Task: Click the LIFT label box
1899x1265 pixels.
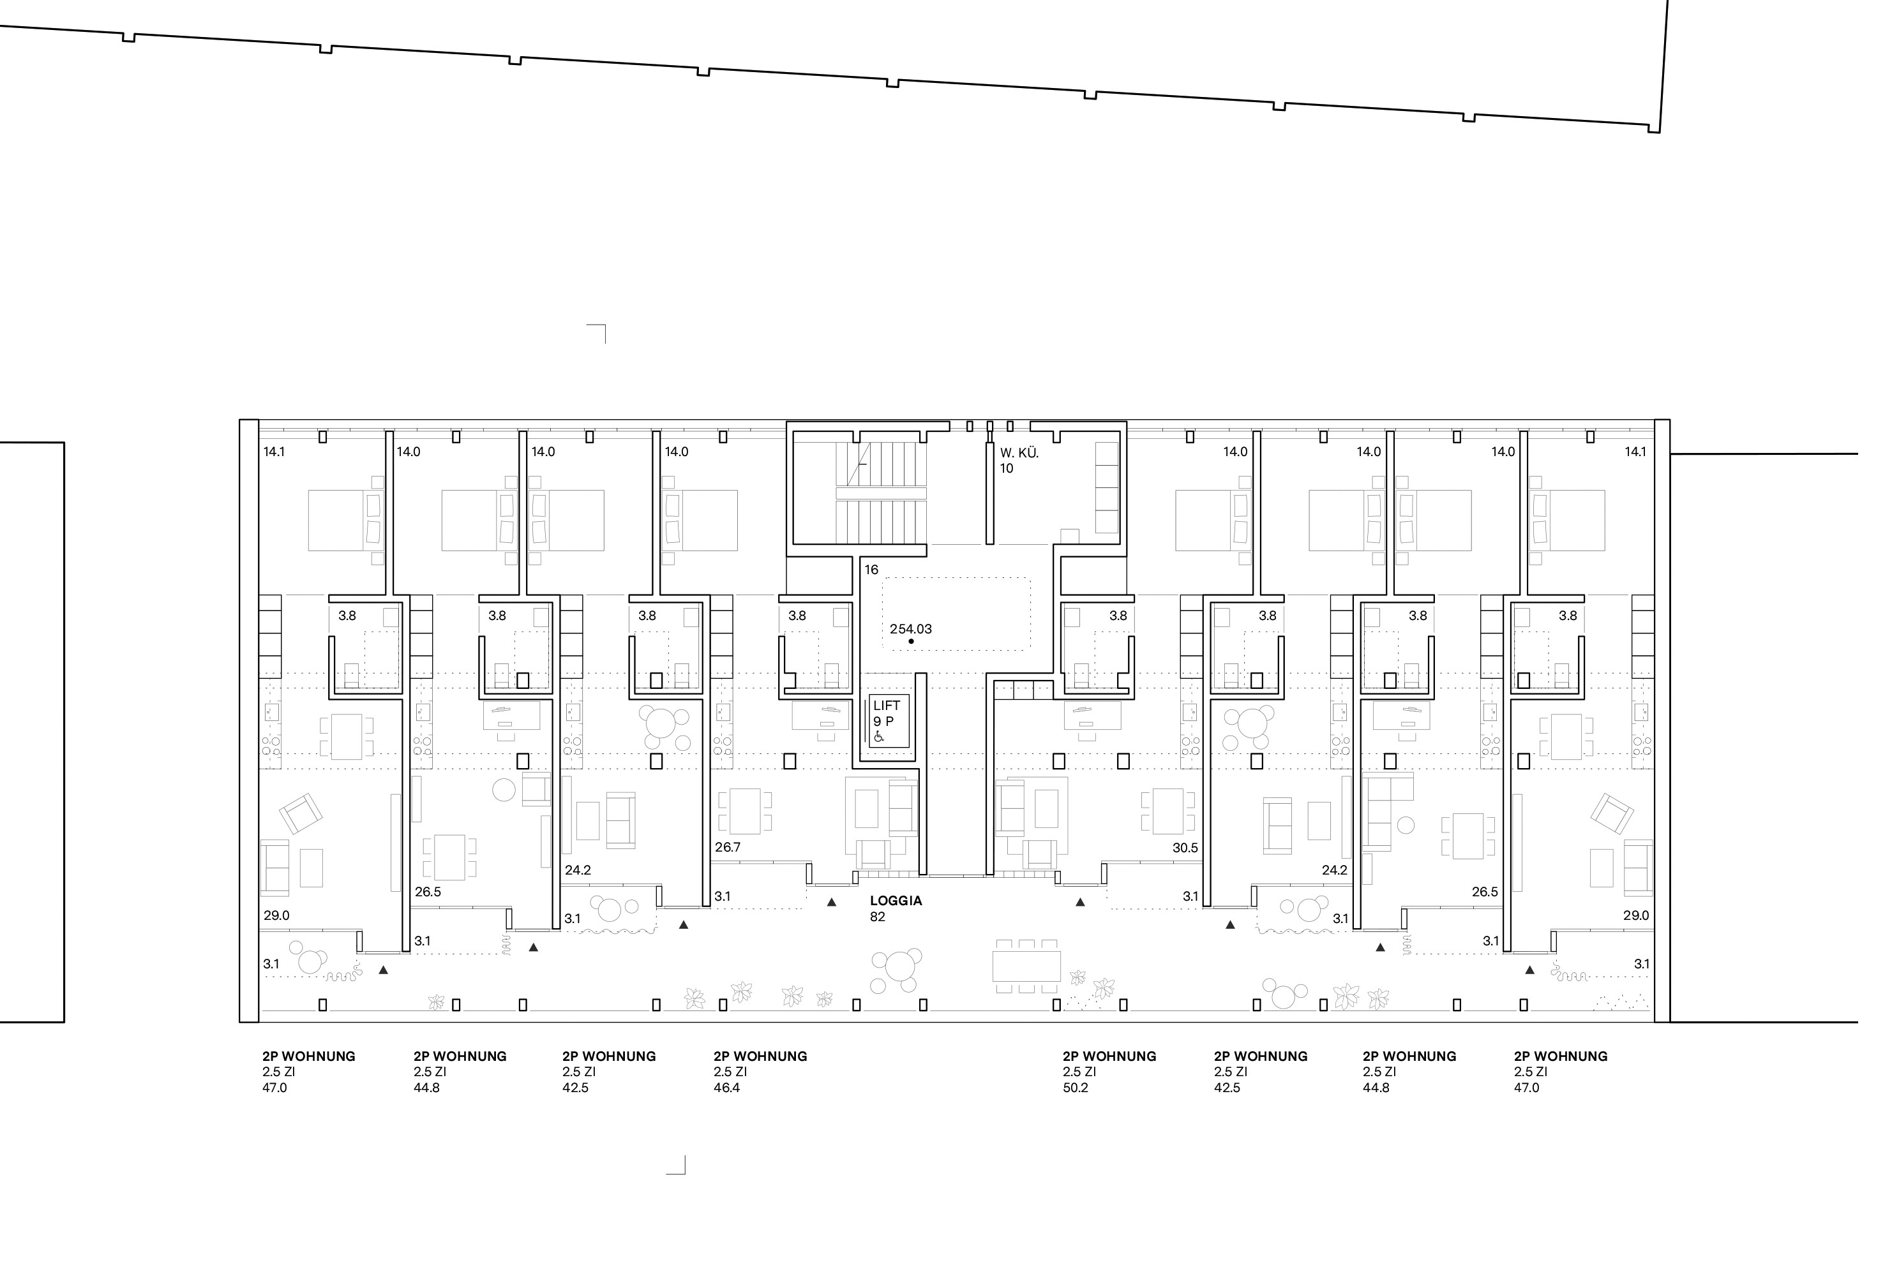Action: pos(889,720)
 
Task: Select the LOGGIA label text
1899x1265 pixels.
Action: pos(896,900)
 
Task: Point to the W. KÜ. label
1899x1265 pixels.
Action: pos(1019,452)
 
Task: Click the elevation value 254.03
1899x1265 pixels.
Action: pos(910,628)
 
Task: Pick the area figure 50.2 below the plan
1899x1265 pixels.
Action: pos(1076,1088)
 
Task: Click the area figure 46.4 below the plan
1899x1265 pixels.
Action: pos(726,1088)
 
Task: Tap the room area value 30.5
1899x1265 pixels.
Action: pos(1185,848)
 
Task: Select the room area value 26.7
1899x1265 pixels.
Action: pos(727,847)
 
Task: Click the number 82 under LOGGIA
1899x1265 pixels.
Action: pos(877,917)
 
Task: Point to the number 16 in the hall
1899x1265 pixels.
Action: pos(871,570)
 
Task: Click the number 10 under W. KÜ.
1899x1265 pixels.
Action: pos(1007,468)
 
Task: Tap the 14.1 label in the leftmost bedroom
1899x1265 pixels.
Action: pos(274,452)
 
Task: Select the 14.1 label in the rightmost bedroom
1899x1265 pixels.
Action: pos(1635,452)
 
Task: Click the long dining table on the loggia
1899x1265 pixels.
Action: pos(1026,966)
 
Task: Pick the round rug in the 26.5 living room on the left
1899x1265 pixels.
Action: pos(504,790)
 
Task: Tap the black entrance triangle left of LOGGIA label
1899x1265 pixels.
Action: pos(831,903)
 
